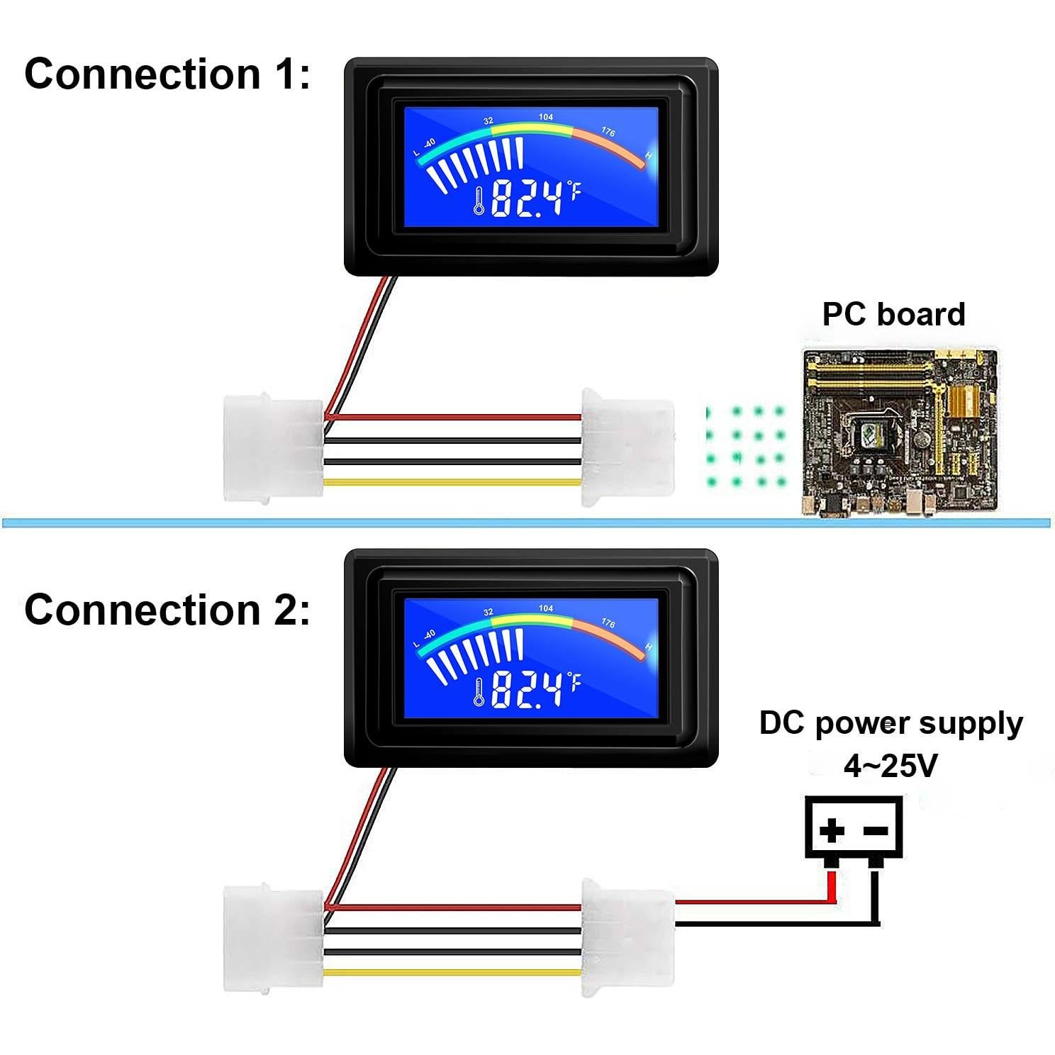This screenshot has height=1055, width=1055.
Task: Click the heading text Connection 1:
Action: pyautogui.click(x=167, y=74)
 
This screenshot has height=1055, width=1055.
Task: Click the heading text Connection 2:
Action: pyautogui.click(x=167, y=610)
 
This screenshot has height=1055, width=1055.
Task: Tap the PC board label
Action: pyautogui.click(x=893, y=314)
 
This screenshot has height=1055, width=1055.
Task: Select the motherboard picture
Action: pyautogui.click(x=900, y=432)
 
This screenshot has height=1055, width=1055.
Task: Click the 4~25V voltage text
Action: pyautogui.click(x=891, y=765)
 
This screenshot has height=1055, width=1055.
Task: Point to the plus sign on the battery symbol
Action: pyautogui.click(x=832, y=830)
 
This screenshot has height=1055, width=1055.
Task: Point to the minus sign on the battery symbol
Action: pyautogui.click(x=876, y=830)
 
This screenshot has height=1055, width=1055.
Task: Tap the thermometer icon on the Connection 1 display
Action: pyautogui.click(x=479, y=201)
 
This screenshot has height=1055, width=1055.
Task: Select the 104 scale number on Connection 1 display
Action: pyautogui.click(x=546, y=117)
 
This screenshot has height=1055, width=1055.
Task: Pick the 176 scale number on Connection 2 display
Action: pyautogui.click(x=608, y=623)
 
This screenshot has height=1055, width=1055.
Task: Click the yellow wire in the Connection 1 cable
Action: pyautogui.click(x=454, y=482)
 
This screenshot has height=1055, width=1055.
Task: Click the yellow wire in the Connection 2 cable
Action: pyautogui.click(x=454, y=973)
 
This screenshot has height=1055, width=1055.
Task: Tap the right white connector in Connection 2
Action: pyautogui.click(x=627, y=937)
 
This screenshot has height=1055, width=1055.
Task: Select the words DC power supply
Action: pyautogui.click(x=891, y=723)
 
